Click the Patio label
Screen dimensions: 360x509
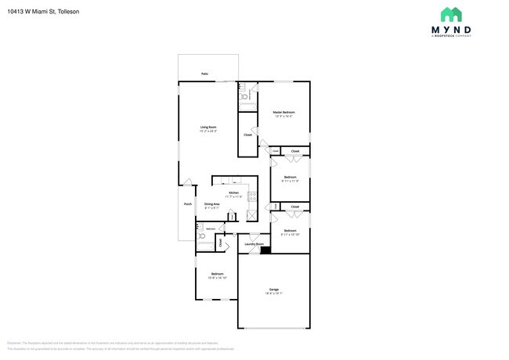204,74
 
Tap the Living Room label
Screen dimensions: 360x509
208,127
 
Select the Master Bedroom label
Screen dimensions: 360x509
283,113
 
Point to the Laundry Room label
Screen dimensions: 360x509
254,244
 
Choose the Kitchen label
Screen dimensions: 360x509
233,193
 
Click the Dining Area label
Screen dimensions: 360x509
212,203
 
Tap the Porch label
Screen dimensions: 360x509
188,204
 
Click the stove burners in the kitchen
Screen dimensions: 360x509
251,196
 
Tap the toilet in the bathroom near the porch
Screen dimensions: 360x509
201,236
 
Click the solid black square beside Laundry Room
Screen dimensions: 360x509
265,250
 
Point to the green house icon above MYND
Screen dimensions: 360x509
450,14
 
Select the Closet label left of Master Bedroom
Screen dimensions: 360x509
247,135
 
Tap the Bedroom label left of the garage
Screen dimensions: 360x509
217,273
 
